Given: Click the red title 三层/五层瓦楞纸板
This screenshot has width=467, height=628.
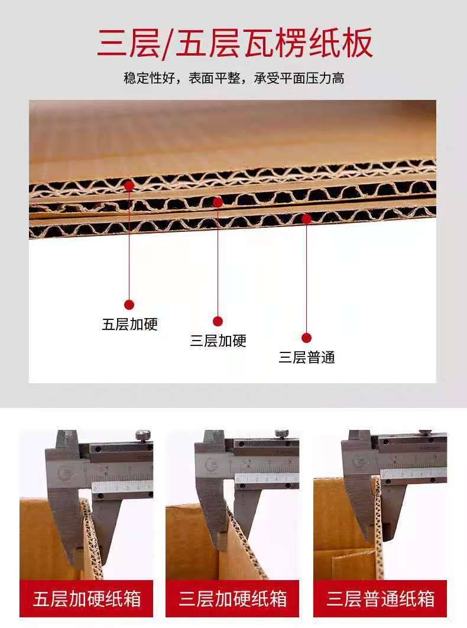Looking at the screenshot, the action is (x=235, y=43).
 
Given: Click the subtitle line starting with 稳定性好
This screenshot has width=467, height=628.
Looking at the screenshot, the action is (x=234, y=78).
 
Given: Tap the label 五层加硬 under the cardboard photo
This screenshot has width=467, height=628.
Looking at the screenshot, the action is (x=130, y=324).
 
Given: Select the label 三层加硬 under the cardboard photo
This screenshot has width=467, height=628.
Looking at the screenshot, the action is (x=218, y=341).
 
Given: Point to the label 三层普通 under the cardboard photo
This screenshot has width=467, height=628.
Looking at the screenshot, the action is (x=307, y=357).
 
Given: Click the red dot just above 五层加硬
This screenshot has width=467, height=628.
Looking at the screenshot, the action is (x=129, y=305).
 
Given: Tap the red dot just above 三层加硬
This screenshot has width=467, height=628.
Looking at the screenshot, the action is (x=218, y=321).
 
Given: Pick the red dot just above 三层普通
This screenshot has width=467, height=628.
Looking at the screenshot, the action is (x=306, y=338).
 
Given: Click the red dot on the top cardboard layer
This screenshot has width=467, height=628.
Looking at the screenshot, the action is (x=129, y=186).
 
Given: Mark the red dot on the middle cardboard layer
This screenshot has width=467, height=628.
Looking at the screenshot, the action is (x=218, y=202).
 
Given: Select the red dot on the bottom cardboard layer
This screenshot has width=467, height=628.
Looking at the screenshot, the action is (x=306, y=219).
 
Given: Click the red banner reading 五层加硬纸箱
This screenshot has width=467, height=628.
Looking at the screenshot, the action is (x=86, y=598).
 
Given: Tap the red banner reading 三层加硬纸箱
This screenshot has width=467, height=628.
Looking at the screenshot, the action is (x=232, y=598).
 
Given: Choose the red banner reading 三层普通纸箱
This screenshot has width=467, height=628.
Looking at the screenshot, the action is (x=380, y=598).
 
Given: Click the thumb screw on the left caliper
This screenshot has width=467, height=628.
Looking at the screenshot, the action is (x=142, y=435).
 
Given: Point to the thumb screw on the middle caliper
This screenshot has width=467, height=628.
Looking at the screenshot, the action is (x=281, y=434).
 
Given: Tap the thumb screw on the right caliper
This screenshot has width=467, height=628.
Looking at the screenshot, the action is (x=426, y=432).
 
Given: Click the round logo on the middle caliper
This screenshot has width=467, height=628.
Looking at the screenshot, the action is (x=211, y=464).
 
